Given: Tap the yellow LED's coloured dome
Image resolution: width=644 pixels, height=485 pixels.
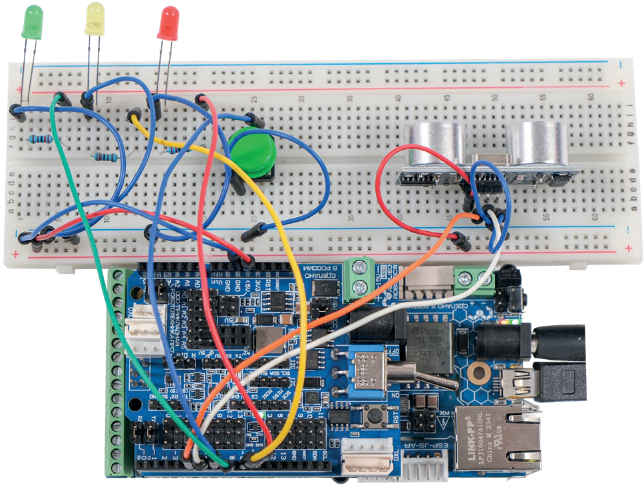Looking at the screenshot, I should tap(95, 18).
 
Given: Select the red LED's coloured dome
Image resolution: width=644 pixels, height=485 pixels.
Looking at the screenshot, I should tap(168, 23).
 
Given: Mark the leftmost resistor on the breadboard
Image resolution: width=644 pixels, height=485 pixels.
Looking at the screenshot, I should tap(41, 139).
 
